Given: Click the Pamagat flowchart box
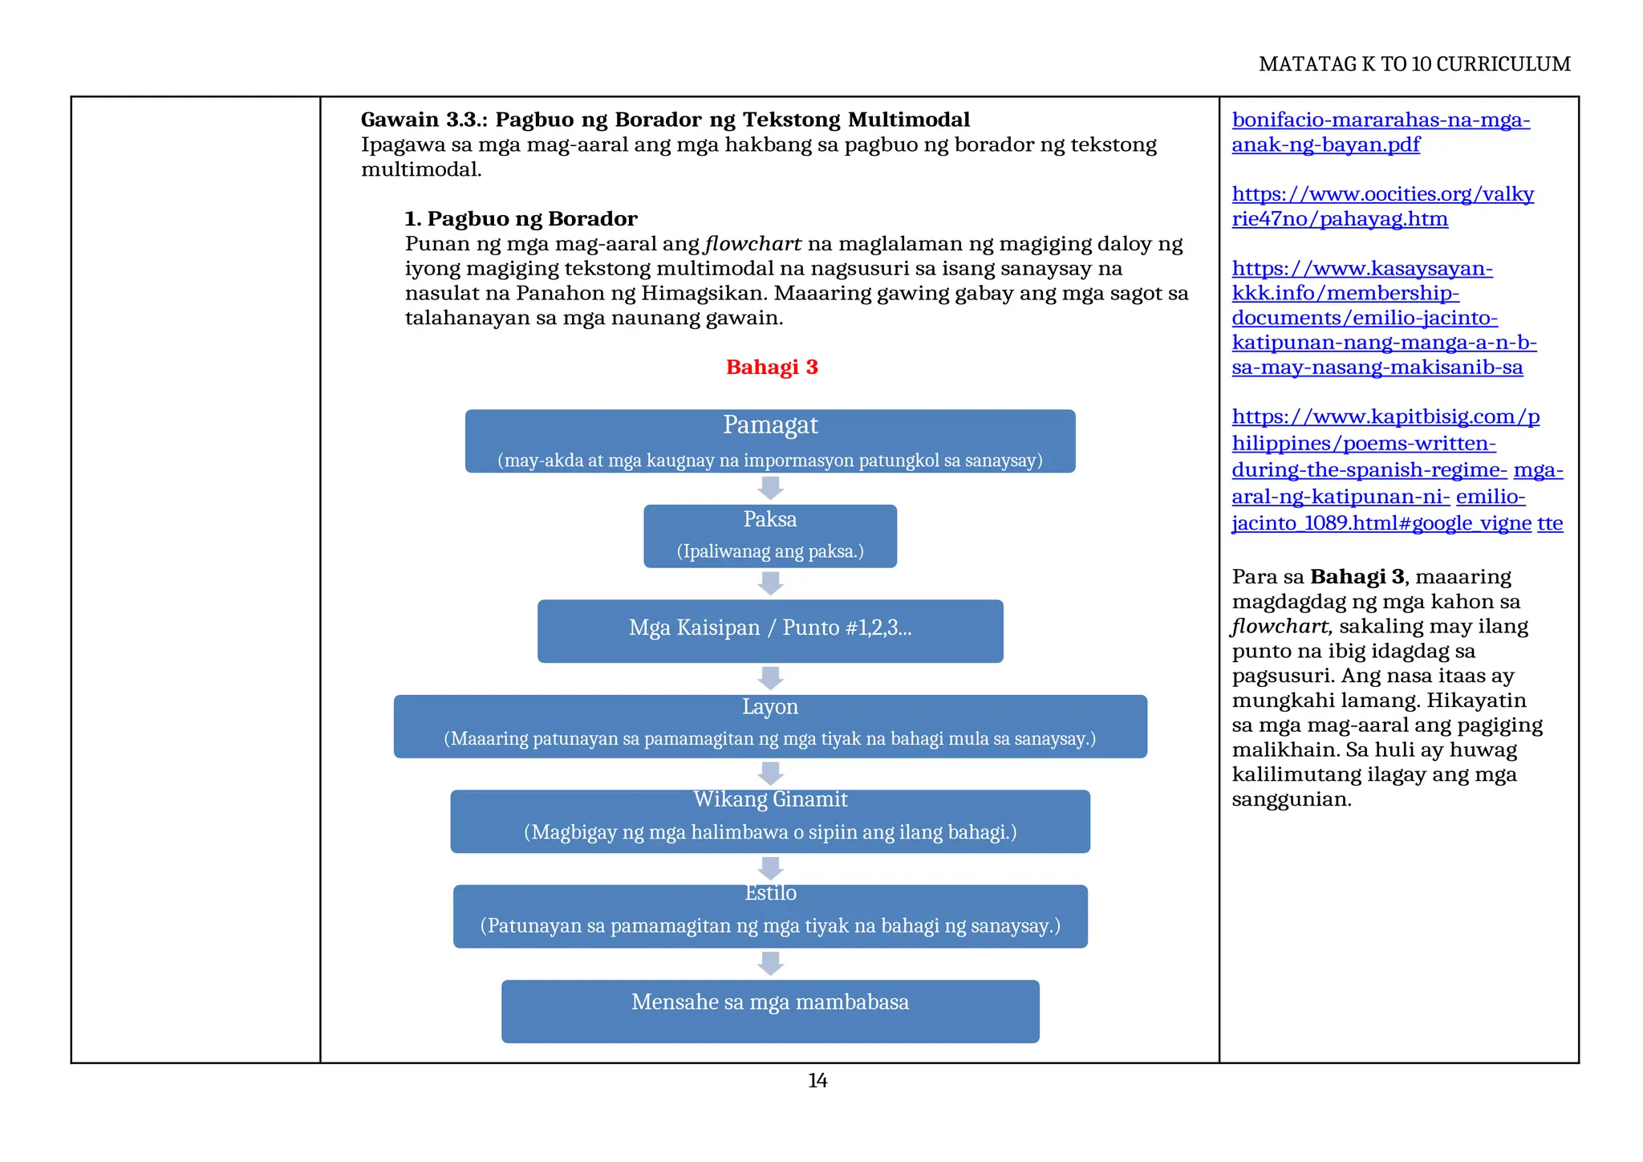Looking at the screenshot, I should click(770, 441).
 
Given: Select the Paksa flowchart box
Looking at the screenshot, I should click(770, 536).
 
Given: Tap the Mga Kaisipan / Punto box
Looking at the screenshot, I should click(770, 631).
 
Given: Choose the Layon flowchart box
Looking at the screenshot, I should click(770, 726).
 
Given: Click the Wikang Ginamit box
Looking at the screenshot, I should click(770, 821).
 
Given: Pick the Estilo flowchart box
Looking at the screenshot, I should click(770, 916).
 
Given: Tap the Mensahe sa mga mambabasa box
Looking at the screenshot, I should click(770, 1011).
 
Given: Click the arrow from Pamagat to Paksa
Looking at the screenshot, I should click(770, 488).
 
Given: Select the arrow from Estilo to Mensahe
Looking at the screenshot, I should click(770, 963).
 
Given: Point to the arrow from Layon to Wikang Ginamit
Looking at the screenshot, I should click(770, 774).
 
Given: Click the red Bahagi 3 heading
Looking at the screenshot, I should click(772, 368).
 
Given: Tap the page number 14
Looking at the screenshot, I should click(817, 1081).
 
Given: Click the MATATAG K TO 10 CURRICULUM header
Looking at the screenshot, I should click(1414, 64).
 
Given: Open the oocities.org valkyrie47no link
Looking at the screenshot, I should click(1382, 206).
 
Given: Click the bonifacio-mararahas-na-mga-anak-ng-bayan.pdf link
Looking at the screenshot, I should click(1381, 132).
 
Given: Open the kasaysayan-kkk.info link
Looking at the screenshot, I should click(1384, 318).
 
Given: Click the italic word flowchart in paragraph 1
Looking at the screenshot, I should click(753, 244).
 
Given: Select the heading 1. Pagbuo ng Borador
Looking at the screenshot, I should click(521, 219).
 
